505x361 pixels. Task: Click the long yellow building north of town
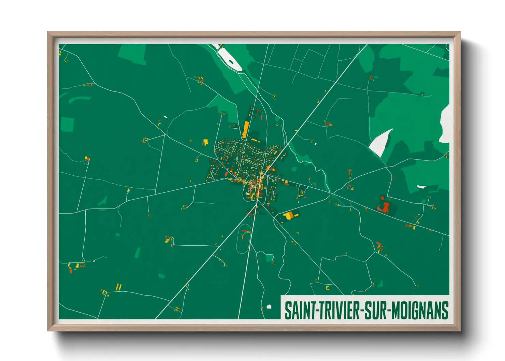click(245, 130)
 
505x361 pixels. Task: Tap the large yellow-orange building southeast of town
click(288, 216)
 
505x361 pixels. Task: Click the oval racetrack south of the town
click(244, 239)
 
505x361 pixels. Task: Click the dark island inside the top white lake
click(231, 62)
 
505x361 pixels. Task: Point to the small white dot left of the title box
click(269, 306)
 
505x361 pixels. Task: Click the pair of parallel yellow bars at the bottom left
click(119, 287)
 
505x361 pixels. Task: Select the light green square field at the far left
click(67, 124)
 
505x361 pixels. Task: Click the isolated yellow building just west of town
click(205, 142)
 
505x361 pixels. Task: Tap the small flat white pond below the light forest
click(422, 187)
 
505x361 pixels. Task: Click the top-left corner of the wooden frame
click(48, 32)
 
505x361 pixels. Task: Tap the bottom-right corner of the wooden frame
click(460, 330)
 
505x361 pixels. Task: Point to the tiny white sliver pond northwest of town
click(165, 117)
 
